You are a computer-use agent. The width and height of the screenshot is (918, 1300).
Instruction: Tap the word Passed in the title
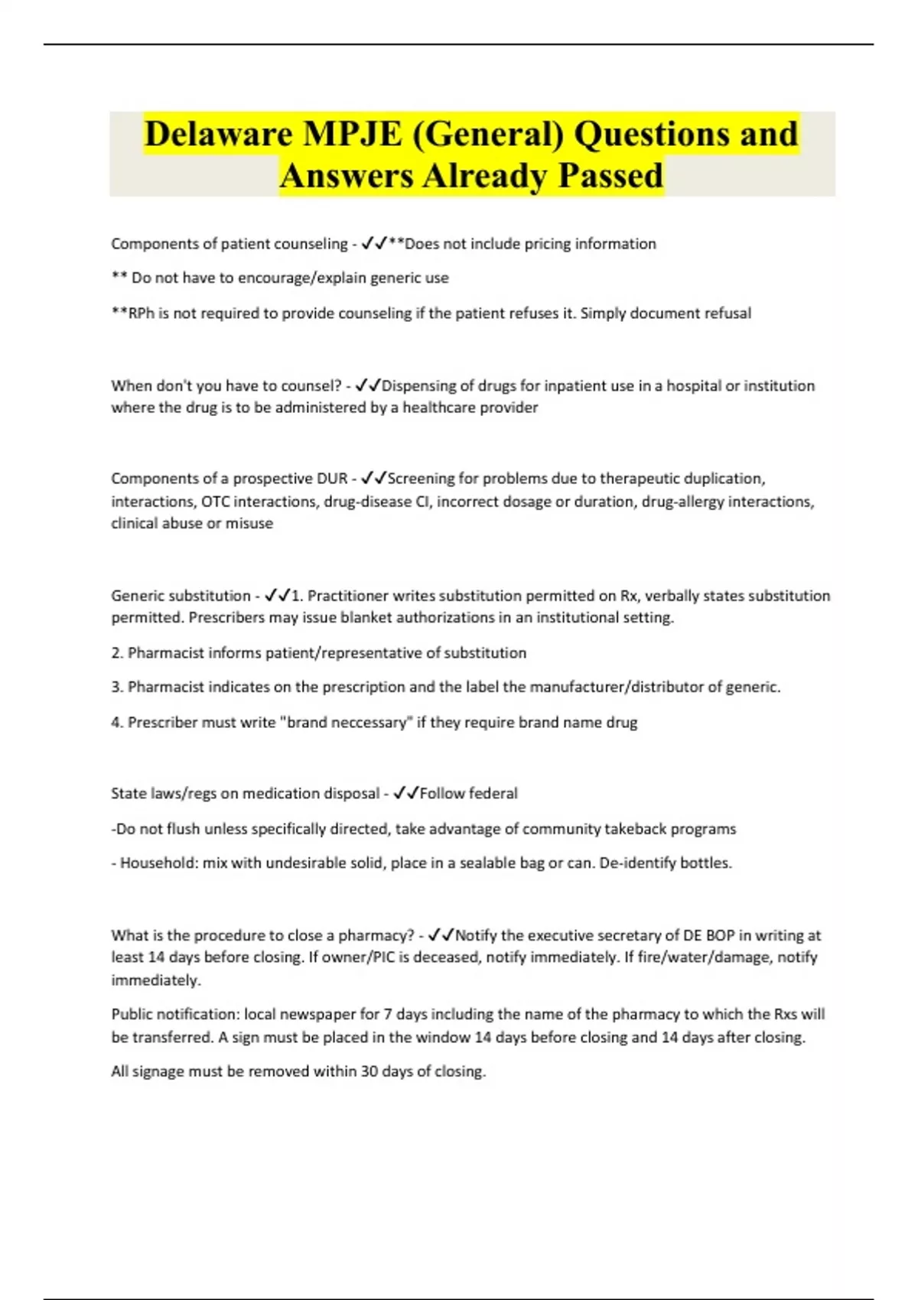610,176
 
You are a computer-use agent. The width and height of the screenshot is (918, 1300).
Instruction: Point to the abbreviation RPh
141,314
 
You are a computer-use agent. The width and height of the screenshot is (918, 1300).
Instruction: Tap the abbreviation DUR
331,479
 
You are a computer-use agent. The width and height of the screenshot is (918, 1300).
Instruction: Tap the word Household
158,863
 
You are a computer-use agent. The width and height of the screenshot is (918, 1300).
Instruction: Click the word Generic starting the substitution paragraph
138,596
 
